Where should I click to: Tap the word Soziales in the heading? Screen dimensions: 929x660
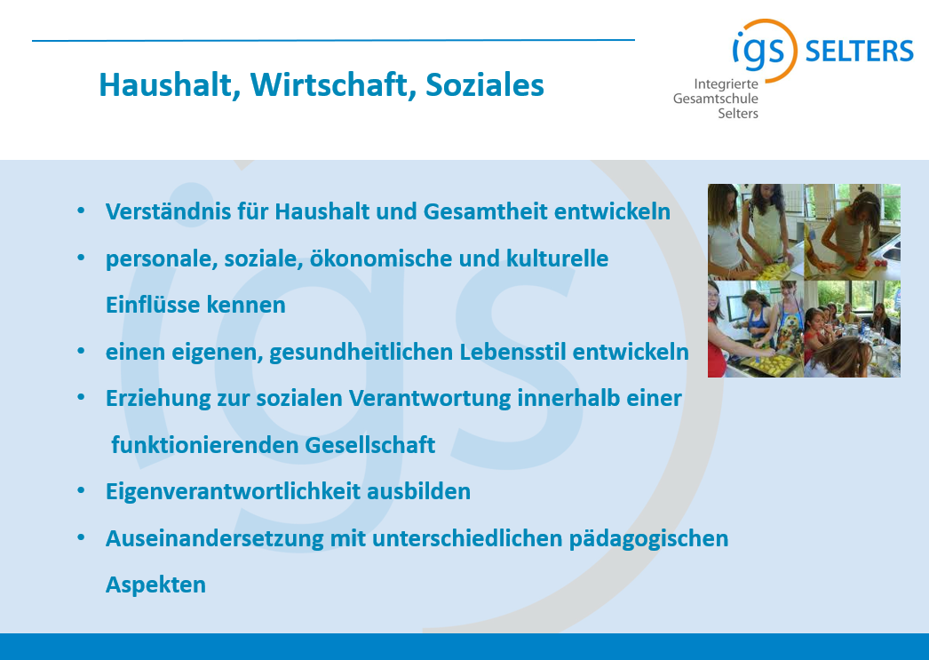pyautogui.click(x=485, y=84)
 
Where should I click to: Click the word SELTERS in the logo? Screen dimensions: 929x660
pyautogui.click(x=859, y=52)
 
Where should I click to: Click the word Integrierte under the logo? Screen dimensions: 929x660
pyautogui.click(x=726, y=84)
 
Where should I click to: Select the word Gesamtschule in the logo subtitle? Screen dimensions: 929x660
pyautogui.click(x=715, y=99)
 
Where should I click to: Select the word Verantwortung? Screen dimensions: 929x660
pyautogui.click(x=430, y=399)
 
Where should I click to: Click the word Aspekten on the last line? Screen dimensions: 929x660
pyautogui.click(x=155, y=584)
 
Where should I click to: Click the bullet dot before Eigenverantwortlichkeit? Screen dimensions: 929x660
pyautogui.click(x=81, y=491)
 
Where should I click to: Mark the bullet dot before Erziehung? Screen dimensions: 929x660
pyautogui.click(x=81, y=398)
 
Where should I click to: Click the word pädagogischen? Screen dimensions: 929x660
pyautogui.click(x=648, y=539)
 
